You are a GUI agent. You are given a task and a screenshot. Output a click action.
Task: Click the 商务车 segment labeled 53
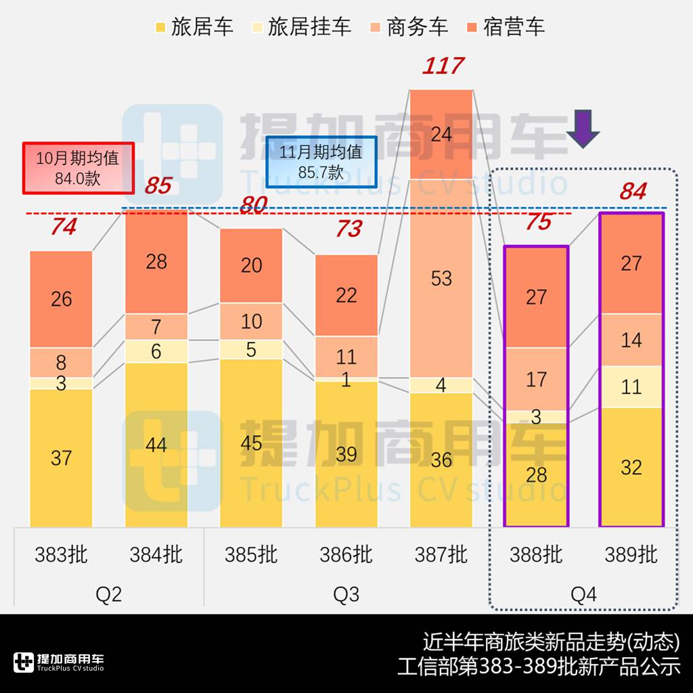click(441, 277)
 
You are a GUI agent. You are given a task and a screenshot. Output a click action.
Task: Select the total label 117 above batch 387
click(443, 66)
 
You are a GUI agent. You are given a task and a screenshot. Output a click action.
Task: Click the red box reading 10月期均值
click(78, 168)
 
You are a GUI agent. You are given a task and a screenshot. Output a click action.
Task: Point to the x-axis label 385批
click(251, 555)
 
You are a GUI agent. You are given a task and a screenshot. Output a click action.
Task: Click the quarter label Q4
click(583, 594)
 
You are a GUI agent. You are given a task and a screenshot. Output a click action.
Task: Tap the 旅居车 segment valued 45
click(251, 443)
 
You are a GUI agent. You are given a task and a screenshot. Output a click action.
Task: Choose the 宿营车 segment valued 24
click(441, 134)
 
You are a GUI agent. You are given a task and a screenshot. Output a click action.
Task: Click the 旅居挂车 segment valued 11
click(631, 386)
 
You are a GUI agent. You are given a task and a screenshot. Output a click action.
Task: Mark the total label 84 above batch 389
click(633, 192)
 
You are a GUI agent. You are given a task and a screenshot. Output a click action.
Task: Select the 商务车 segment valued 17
click(536, 379)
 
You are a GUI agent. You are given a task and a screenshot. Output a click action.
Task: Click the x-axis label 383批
click(61, 555)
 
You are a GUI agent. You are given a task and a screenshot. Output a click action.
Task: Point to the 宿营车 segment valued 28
click(156, 261)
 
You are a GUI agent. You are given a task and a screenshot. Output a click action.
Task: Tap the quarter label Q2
click(108, 594)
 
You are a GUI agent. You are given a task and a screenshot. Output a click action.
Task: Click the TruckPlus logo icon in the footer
click(24, 662)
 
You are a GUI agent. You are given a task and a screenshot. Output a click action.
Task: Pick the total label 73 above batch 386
click(349, 229)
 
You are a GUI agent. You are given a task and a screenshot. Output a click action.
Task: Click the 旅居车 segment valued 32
click(631, 467)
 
